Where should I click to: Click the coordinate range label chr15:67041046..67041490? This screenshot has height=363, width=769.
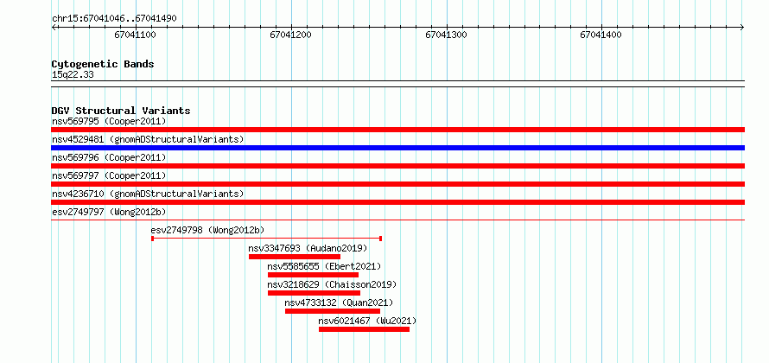click(114, 19)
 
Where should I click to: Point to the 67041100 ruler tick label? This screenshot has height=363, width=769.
click(136, 35)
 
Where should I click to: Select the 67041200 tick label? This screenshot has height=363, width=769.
click(291, 35)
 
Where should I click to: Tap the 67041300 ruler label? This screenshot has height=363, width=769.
click(447, 35)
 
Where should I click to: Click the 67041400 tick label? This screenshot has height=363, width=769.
click(601, 35)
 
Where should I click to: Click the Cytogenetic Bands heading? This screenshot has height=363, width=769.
click(103, 64)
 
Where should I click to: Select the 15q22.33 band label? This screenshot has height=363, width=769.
click(73, 75)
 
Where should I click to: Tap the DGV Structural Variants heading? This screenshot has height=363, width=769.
click(121, 111)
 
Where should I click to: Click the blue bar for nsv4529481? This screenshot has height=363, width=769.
click(397, 148)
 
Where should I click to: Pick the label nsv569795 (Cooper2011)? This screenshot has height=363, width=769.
click(109, 121)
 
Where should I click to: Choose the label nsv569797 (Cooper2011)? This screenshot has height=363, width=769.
click(109, 175)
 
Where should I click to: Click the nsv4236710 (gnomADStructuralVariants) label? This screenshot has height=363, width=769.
click(148, 194)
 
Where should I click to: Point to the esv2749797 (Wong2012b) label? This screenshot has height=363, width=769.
click(109, 212)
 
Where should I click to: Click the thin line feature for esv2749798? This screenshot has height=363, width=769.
click(267, 239)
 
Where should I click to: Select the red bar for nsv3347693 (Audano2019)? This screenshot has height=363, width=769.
click(295, 257)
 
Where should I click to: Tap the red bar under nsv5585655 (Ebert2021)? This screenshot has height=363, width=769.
click(313, 275)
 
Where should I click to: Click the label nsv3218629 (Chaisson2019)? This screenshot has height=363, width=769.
click(332, 284)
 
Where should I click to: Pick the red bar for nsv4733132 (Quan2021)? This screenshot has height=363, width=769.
click(333, 311)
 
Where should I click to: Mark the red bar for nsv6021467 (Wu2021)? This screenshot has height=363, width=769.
click(364, 329)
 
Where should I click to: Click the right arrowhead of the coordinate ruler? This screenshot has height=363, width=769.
click(742, 28)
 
